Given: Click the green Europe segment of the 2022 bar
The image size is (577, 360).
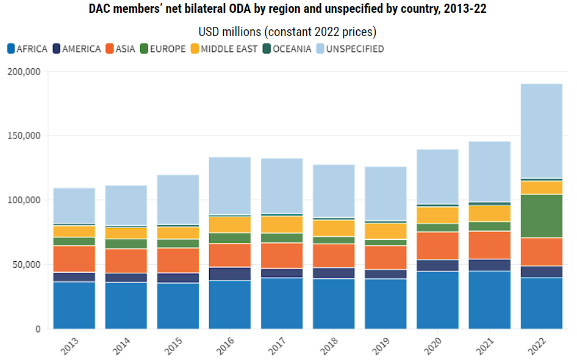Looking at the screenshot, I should pyautogui.click(x=541, y=216).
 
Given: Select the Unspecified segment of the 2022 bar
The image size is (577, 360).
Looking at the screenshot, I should pyautogui.click(x=541, y=131).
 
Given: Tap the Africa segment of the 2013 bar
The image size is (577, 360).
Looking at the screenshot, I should pyautogui.click(x=74, y=305).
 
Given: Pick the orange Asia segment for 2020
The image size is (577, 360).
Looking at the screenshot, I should pyautogui.click(x=437, y=246).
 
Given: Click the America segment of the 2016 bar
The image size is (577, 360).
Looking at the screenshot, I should pyautogui.click(x=229, y=274).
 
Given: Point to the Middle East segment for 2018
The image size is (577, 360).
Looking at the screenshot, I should pyautogui.click(x=333, y=228).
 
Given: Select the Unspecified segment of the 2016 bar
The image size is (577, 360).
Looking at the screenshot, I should pyautogui.click(x=229, y=186).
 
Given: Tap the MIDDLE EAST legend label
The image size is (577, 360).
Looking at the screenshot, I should pyautogui.click(x=229, y=49).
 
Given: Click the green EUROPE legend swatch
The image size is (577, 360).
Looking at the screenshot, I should pyautogui.click(x=144, y=49).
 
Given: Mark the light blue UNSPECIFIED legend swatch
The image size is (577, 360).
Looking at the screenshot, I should pyautogui.click(x=320, y=49).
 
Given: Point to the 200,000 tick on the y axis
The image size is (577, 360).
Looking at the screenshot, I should pyautogui.click(x=25, y=71).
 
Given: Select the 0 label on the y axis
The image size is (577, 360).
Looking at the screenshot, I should pyautogui.click(x=37, y=329).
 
